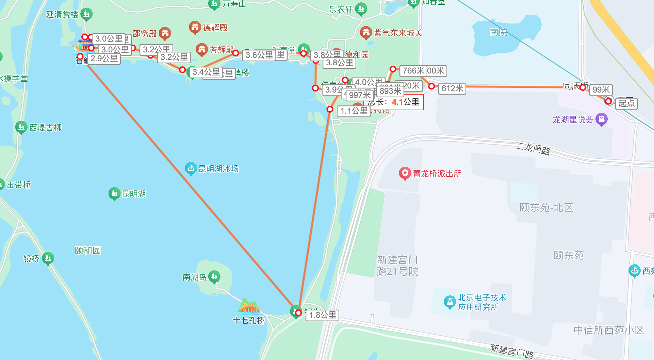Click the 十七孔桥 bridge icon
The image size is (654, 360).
248,306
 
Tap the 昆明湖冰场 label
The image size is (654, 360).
218,169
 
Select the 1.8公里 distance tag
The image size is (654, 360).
323,315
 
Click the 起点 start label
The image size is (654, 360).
626,103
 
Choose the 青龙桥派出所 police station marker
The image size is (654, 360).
405,174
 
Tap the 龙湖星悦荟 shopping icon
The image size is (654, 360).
602,119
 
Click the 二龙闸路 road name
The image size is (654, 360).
533,148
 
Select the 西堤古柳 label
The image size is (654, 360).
45,128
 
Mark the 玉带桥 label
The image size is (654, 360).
19,185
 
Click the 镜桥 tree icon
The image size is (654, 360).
48,258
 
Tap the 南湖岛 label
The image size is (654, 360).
195,277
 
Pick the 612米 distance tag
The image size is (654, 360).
452,88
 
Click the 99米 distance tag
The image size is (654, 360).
601,89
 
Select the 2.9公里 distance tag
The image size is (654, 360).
104,59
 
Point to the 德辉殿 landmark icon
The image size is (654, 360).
195,27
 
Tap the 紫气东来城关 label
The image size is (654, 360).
398,33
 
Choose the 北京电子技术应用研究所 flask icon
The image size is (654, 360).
449,302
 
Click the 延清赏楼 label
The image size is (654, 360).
62,15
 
